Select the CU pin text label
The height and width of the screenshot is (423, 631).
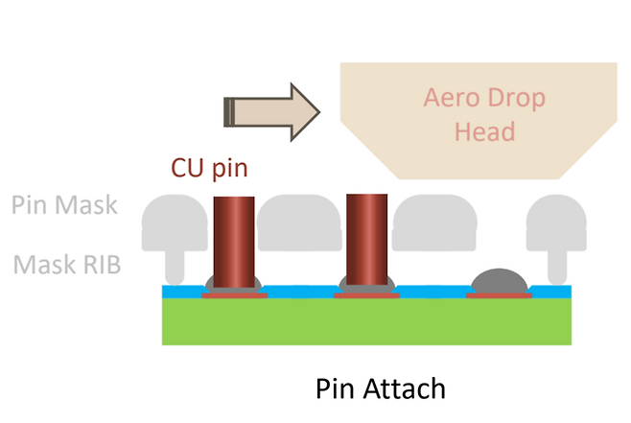click(210, 168)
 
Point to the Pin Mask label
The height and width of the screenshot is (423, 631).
click(64, 204)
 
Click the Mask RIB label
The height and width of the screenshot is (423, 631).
click(67, 265)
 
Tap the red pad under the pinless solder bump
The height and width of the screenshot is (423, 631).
click(499, 295)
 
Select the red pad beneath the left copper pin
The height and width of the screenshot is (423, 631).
click(233, 295)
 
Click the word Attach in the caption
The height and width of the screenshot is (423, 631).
click(405, 390)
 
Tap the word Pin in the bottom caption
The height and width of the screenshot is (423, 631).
click(336, 390)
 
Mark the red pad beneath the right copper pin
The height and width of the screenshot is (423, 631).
click(366, 295)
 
